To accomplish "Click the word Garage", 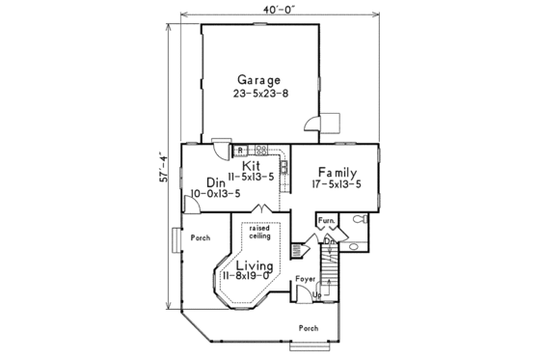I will pos(256,80).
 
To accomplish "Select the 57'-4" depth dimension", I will pos(165,166).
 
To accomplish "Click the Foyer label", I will pos(306,279).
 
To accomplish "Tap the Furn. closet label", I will pos(326,222).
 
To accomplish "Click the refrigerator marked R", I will pos(240,151).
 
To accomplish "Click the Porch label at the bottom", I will pos(308,328).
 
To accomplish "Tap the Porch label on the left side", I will pos(200,236).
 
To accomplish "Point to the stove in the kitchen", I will pos(259,150).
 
